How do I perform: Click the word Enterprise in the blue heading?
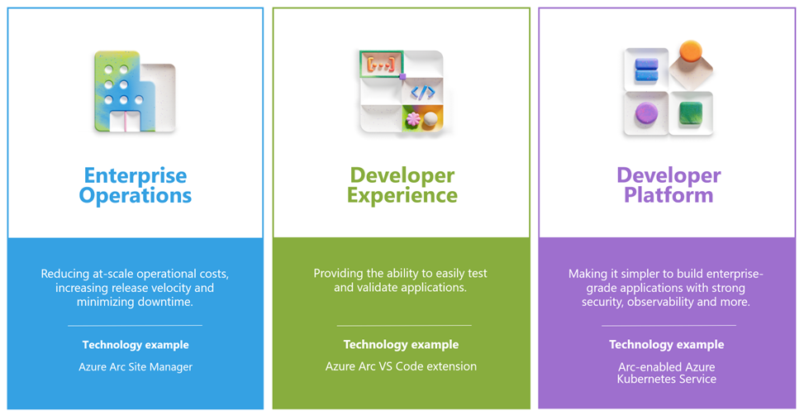[x=136, y=176]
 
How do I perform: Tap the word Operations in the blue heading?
[x=136, y=195]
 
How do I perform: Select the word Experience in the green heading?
[x=402, y=195]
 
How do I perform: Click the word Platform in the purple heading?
[x=668, y=195]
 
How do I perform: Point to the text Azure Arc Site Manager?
[x=136, y=367]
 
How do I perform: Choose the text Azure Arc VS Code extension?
[x=401, y=366]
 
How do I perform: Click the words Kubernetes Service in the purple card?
[x=667, y=379]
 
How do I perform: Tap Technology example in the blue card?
[x=136, y=345]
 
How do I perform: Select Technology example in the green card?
[x=401, y=345]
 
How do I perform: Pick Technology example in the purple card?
[x=667, y=345]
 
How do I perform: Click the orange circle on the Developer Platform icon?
[x=690, y=51]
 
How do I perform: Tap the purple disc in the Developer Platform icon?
[x=646, y=112]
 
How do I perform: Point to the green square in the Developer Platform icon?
[x=691, y=112]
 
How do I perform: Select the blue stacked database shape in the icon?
[x=646, y=69]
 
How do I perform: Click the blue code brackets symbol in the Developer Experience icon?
[x=422, y=92]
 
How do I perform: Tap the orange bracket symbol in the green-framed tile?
[x=381, y=65]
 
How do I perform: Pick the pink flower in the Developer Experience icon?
[x=413, y=119]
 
